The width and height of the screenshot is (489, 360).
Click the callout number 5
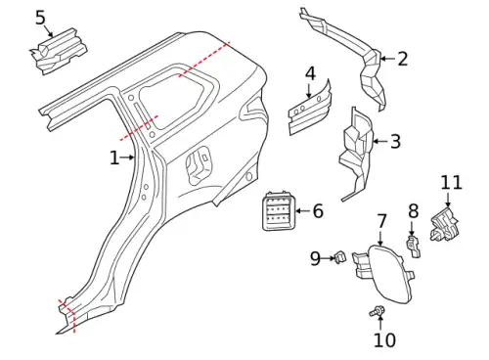tap(40, 18)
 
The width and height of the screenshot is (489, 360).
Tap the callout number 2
tap(403, 59)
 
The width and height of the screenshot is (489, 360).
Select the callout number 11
tap(452, 183)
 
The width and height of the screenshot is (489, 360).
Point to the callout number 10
tap(384, 339)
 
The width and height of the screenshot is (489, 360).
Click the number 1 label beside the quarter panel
tap(114, 157)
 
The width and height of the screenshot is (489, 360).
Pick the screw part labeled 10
tap(378, 311)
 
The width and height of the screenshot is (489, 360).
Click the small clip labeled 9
tap(339, 256)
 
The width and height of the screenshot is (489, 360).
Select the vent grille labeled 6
tap(278, 211)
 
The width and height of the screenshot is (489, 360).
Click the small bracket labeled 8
tap(414, 247)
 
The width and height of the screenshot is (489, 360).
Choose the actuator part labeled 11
tap(445, 224)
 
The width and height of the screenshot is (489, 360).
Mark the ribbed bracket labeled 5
tap(59, 52)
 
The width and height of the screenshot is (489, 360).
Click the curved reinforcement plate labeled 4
tap(309, 110)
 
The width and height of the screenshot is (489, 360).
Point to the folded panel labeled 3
tap(357, 154)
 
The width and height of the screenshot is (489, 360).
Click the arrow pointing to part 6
tap(303, 211)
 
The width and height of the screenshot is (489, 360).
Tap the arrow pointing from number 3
tap(379, 142)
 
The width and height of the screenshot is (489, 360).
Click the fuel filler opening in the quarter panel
tap(198, 165)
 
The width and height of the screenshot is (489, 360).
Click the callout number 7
tap(381, 222)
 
